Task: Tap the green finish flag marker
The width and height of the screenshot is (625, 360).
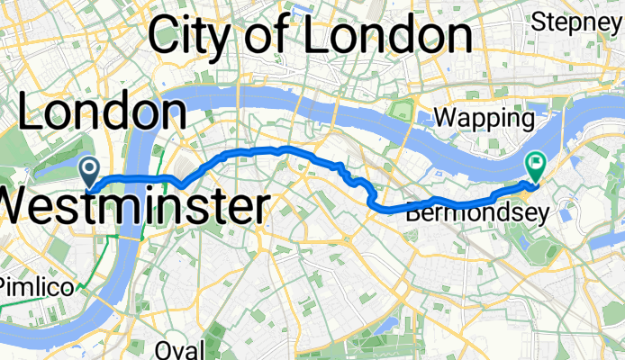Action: click(x=535, y=164)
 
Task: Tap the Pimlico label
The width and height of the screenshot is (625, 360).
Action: click(x=27, y=285)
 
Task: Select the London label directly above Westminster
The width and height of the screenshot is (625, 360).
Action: click(x=102, y=113)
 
